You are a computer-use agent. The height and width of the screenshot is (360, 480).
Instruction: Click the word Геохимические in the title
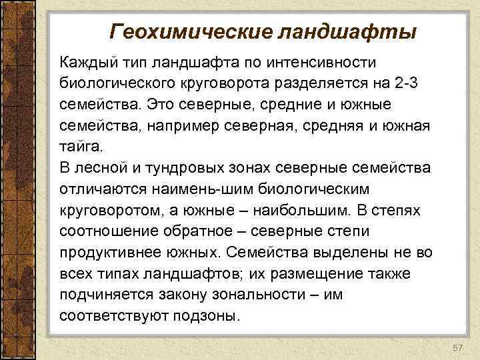point(187,31)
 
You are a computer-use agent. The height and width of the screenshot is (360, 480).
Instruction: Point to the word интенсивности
point(330,63)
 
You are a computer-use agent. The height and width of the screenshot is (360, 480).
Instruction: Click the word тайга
point(79,146)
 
